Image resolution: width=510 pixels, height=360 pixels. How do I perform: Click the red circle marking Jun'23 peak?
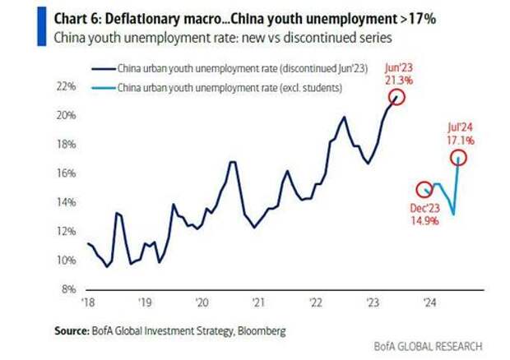(x=397, y=97)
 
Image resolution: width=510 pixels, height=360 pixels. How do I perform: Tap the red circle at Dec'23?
(x=424, y=190)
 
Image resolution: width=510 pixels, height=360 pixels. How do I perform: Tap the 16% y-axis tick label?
(x=68, y=173)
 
